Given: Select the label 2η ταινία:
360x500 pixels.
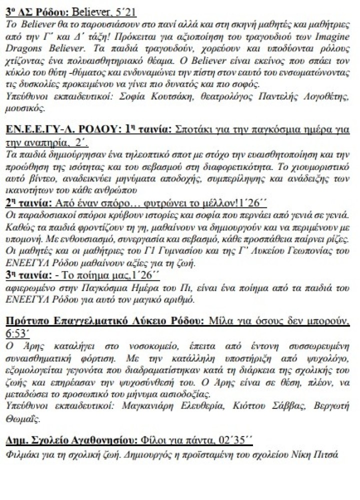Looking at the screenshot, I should (x=31, y=202).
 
